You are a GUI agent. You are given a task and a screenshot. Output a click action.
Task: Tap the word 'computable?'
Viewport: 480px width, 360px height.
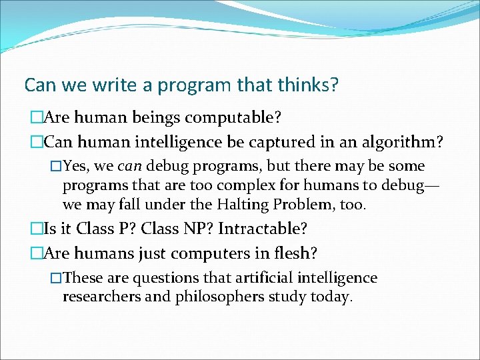233,118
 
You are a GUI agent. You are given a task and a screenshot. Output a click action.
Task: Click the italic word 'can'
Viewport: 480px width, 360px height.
129,166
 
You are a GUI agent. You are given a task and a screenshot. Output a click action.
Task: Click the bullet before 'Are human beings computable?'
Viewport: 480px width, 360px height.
35,119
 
